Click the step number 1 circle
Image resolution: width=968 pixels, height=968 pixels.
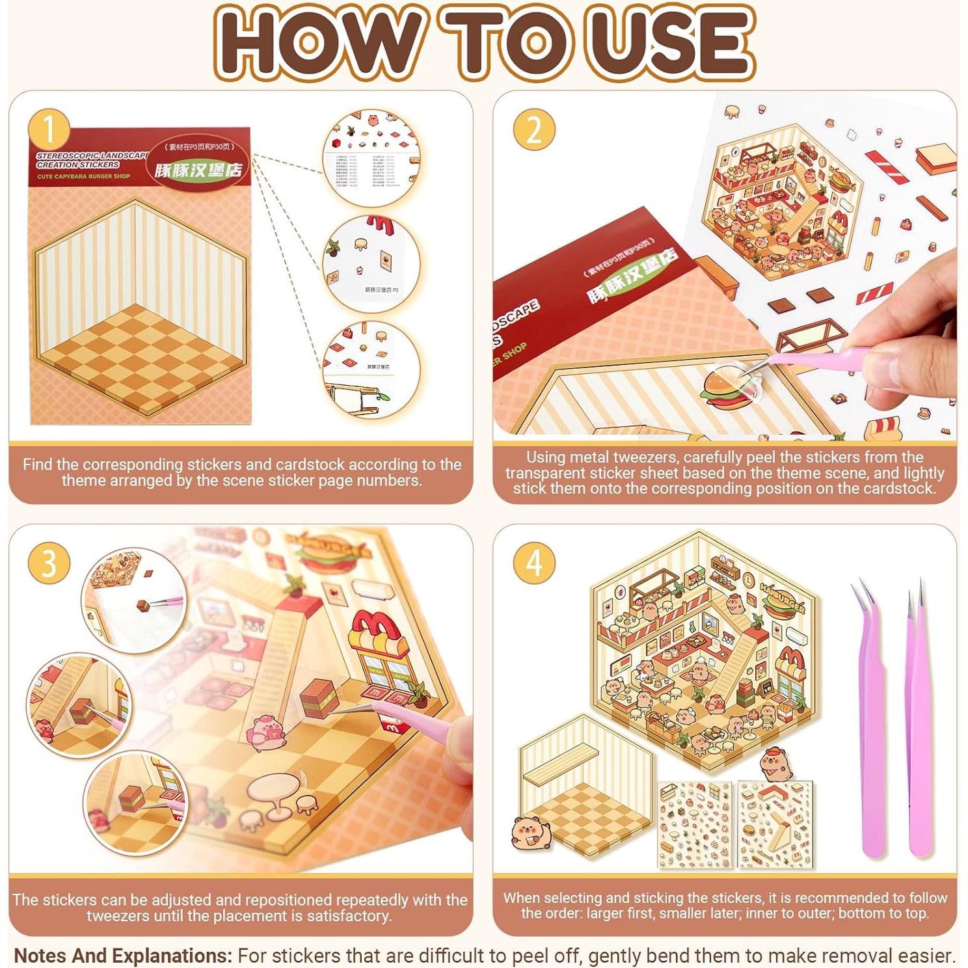coord(49,129)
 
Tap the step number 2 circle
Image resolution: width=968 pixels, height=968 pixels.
coord(533,129)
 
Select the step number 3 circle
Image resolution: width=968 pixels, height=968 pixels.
coord(49,563)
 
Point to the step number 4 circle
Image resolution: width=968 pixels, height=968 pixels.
coord(533,563)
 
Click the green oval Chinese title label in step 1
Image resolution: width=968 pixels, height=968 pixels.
coord(198,169)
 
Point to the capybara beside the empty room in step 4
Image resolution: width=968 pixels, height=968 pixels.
coord(531,833)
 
